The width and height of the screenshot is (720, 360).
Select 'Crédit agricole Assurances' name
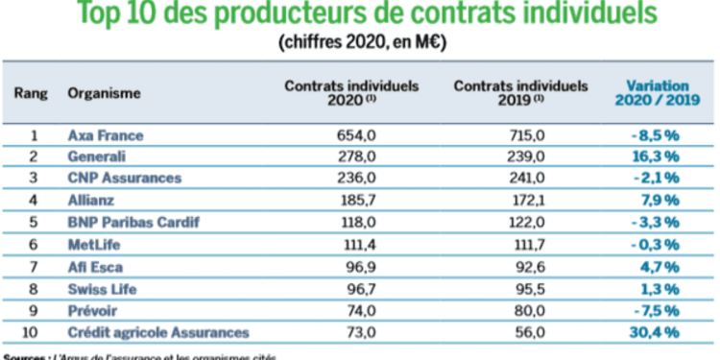(x=157, y=332)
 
